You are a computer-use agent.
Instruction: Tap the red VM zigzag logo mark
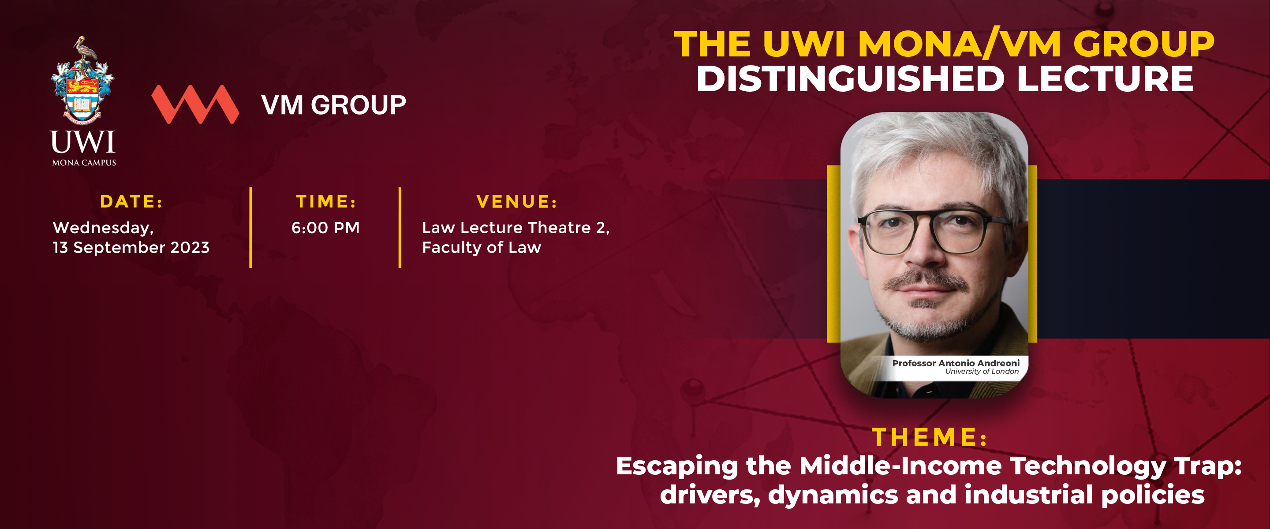pyautogui.click(x=195, y=104)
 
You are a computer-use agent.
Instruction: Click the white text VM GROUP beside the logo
pyautogui.click(x=334, y=105)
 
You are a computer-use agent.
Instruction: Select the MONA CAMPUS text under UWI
pyautogui.click(x=84, y=163)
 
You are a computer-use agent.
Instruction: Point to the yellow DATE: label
pyautogui.click(x=131, y=201)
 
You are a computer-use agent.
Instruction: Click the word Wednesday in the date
pyautogui.click(x=103, y=228)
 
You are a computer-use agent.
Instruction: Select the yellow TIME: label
pyautogui.click(x=326, y=201)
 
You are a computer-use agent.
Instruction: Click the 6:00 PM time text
pyautogui.click(x=325, y=228)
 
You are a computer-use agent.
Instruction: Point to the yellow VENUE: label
pyautogui.click(x=517, y=201)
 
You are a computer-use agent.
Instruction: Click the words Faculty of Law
pyautogui.click(x=482, y=247)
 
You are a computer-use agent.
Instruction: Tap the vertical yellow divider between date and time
pyautogui.click(x=250, y=228)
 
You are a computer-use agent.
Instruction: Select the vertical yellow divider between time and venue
pyautogui.click(x=400, y=228)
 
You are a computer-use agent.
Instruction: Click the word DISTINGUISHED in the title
pyautogui.click(x=851, y=79)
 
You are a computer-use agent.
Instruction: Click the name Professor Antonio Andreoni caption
pyautogui.click(x=956, y=363)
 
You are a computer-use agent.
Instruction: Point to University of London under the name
pyautogui.click(x=982, y=371)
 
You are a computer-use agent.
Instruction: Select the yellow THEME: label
pyautogui.click(x=930, y=437)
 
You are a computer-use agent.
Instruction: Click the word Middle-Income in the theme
pyautogui.click(x=900, y=466)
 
